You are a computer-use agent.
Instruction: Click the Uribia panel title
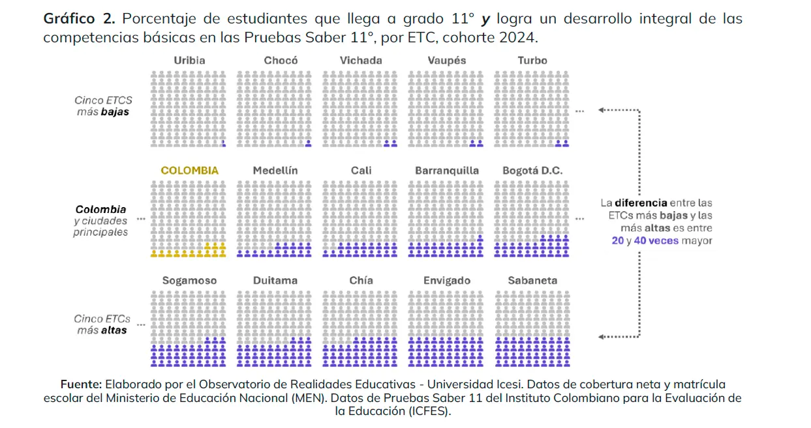pyautogui.click(x=189, y=61)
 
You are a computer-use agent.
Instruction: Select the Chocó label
pyautogui.click(x=281, y=61)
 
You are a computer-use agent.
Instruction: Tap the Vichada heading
pyautogui.click(x=361, y=61)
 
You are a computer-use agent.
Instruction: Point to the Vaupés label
pyautogui.click(x=447, y=61)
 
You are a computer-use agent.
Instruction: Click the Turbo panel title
pyautogui.click(x=532, y=61)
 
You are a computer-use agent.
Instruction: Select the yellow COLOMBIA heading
pyautogui.click(x=189, y=171)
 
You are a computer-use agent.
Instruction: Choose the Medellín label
pyautogui.click(x=275, y=171)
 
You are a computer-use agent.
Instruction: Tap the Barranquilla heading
pyautogui.click(x=447, y=171)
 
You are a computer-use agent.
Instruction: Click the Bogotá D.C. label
pyautogui.click(x=532, y=171)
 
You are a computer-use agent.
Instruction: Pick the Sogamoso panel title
pyautogui.click(x=189, y=281)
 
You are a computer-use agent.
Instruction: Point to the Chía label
pyautogui.click(x=361, y=281)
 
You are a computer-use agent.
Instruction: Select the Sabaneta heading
pyautogui.click(x=532, y=281)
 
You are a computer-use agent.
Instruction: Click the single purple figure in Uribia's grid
pyautogui.click(x=223, y=143)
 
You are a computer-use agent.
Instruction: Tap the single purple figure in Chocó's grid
pyautogui.click(x=309, y=143)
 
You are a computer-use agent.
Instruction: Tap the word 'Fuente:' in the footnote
pyautogui.click(x=81, y=385)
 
